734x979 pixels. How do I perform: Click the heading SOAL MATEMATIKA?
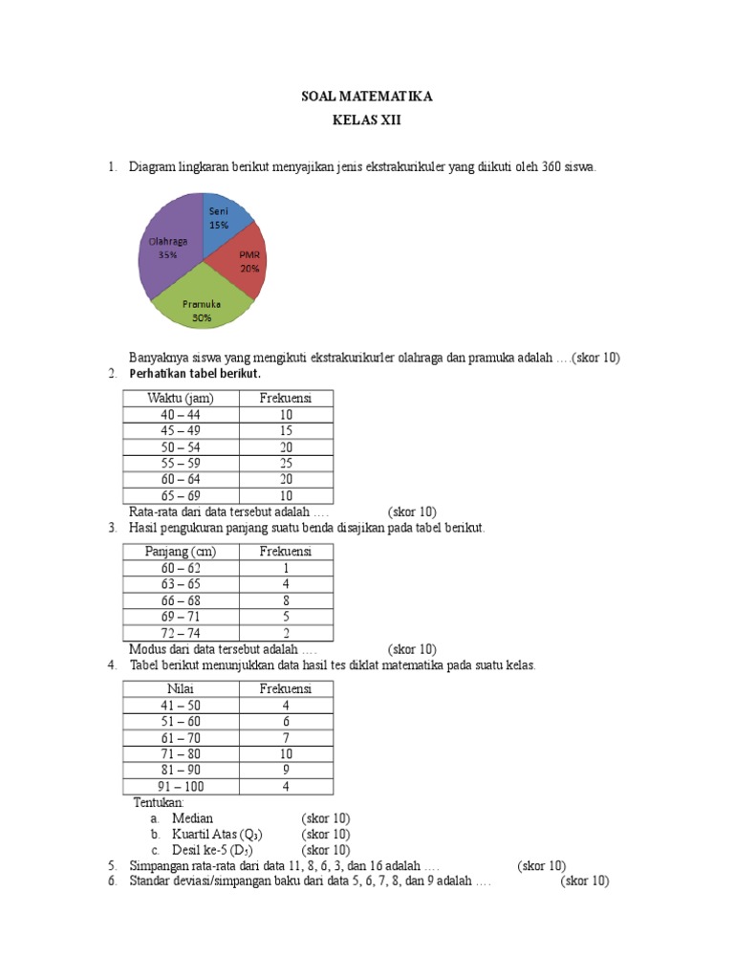tap(367, 98)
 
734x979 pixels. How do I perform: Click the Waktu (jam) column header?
tap(181, 398)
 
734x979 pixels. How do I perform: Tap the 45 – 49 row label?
tap(181, 430)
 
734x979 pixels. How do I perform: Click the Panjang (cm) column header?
tap(181, 552)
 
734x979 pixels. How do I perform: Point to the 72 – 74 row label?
tap(181, 633)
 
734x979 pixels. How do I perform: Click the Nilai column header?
tap(181, 688)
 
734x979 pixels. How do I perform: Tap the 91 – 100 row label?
tap(181, 787)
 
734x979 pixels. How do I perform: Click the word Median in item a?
tap(192, 818)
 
